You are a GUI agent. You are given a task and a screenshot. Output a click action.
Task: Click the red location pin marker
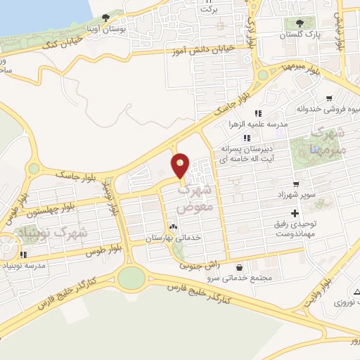tap(181, 166)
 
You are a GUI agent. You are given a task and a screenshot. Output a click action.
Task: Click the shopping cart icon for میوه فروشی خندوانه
tap(329, 98)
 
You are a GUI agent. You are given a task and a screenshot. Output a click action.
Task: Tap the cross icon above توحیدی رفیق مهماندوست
tap(294, 213)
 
